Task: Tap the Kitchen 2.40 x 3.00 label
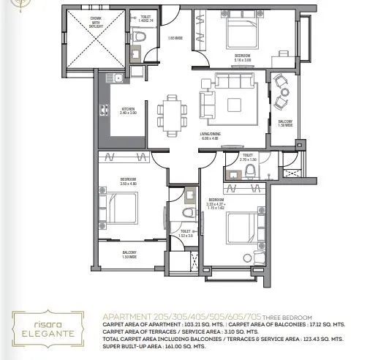click(128, 111)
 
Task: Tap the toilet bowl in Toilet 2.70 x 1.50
click(249, 170)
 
